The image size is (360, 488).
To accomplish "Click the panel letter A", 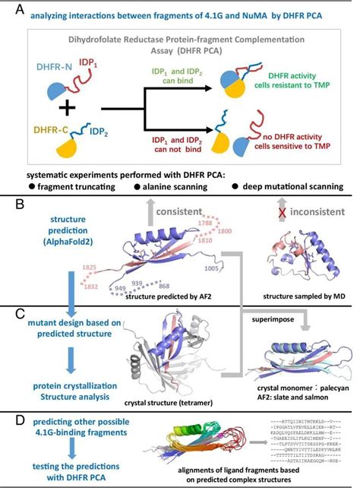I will click(x=9, y=9).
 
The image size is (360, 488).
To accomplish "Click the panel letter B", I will click(x=9, y=204).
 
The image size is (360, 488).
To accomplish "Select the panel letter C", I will click(x=9, y=311).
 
